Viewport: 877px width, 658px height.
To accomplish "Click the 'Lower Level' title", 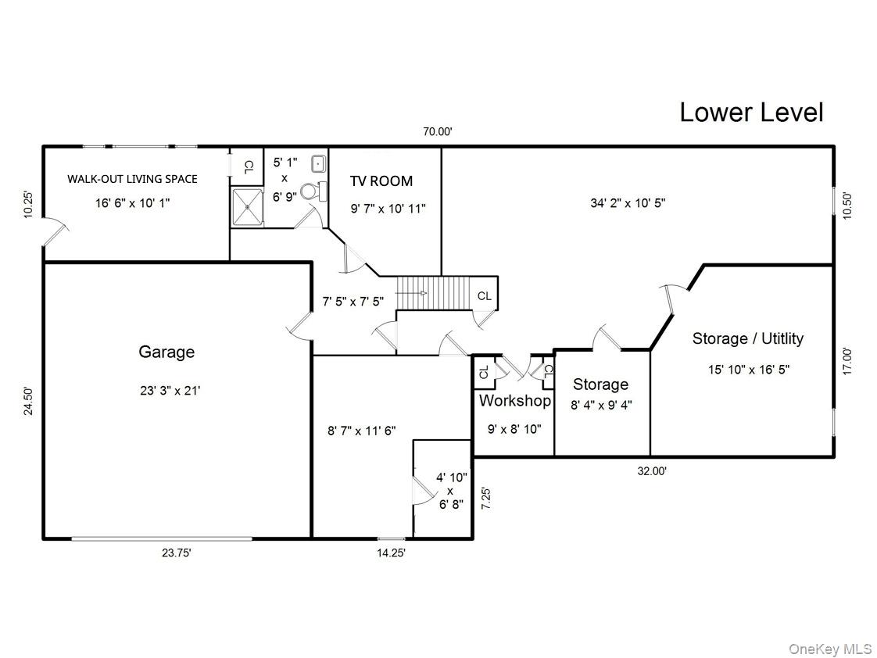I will pyautogui.click(x=750, y=113).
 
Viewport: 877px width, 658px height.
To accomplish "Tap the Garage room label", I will pyautogui.click(x=166, y=352).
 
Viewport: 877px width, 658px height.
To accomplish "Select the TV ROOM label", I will pyautogui.click(x=381, y=181).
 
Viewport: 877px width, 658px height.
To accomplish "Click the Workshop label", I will pyautogui.click(x=514, y=401).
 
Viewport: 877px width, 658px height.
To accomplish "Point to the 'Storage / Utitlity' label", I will pyautogui.click(x=747, y=338).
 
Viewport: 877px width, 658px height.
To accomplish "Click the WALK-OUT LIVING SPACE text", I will pyautogui.click(x=132, y=179).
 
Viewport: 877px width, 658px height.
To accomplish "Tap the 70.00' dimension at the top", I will pyautogui.click(x=438, y=132).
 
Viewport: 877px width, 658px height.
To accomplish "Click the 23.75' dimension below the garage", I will pyautogui.click(x=177, y=553).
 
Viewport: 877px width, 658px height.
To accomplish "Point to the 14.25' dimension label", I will pyautogui.click(x=390, y=553).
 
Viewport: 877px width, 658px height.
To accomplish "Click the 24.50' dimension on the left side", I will pyautogui.click(x=29, y=401).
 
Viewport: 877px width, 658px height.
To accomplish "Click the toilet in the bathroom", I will pyautogui.click(x=310, y=190).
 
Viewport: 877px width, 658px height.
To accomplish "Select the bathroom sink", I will pyautogui.click(x=319, y=164).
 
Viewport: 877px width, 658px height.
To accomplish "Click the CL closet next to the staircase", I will pyautogui.click(x=485, y=296).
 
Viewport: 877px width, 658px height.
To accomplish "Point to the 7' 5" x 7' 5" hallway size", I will pyautogui.click(x=353, y=301).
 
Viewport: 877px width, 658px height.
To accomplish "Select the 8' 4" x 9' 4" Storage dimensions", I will pyautogui.click(x=601, y=405).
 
